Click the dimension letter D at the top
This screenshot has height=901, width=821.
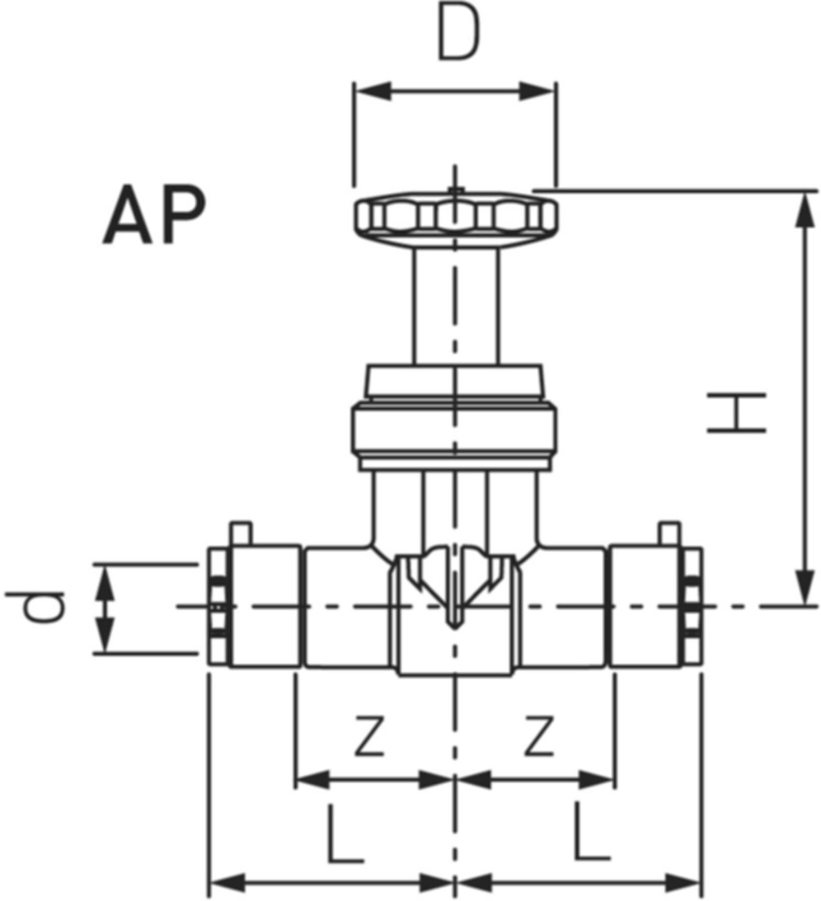tap(459, 33)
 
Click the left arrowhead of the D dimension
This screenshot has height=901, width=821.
tap(373, 92)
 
